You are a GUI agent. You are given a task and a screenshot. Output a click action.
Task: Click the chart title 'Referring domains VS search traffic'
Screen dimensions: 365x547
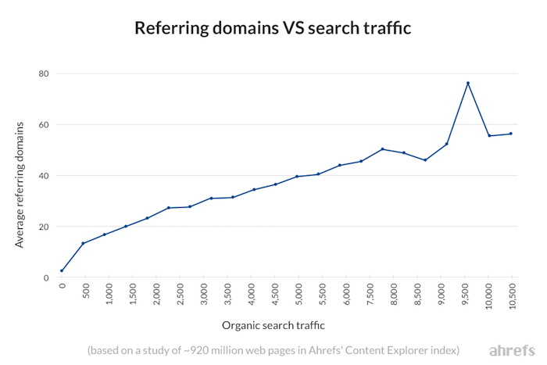click(273, 28)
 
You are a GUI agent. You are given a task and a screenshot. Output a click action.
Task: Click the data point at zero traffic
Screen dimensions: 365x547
click(62, 271)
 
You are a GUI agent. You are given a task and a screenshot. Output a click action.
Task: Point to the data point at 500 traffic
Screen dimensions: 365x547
click(83, 243)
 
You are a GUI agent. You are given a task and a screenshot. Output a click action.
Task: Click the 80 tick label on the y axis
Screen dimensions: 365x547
click(44, 73)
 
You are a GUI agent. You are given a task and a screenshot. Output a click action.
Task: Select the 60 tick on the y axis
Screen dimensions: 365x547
click(44, 124)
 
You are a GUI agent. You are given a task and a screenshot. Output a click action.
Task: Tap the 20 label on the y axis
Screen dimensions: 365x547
click(44, 227)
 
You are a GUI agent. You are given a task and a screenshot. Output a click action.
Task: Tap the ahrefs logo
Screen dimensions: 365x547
click(510, 349)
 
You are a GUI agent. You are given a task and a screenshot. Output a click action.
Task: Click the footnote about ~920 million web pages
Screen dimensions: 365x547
click(273, 349)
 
